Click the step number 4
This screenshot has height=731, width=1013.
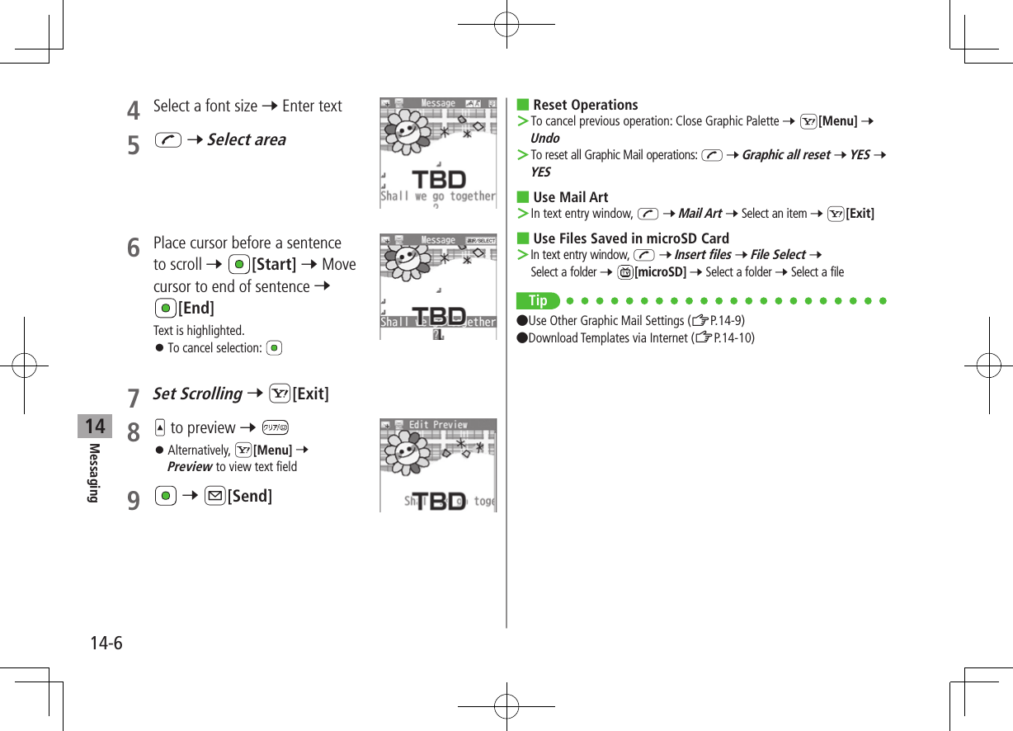click(x=133, y=109)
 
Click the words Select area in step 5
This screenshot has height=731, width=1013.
click(x=246, y=139)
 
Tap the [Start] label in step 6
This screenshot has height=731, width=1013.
click(x=274, y=264)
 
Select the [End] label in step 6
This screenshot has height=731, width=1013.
click(x=196, y=308)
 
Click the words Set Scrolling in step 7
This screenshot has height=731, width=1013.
click(x=198, y=394)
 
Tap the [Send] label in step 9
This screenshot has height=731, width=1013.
click(x=249, y=495)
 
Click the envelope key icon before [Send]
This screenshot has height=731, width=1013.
click(x=214, y=495)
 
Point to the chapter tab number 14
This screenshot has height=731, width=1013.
click(x=96, y=427)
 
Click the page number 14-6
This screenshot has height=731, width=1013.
click(x=106, y=643)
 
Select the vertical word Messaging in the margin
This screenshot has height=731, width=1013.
click(x=95, y=473)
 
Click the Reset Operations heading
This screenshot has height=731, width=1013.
click(x=585, y=105)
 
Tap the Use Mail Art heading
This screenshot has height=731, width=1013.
click(x=570, y=197)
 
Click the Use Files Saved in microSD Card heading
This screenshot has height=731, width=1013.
click(x=630, y=238)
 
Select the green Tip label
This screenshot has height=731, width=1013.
click(x=538, y=300)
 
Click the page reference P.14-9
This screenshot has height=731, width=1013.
click(x=727, y=320)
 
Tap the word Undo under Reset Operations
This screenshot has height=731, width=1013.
click(x=544, y=138)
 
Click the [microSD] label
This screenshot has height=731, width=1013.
click(x=660, y=271)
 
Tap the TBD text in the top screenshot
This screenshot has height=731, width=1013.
click(x=438, y=179)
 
